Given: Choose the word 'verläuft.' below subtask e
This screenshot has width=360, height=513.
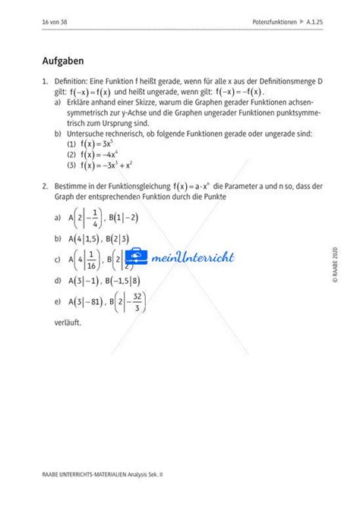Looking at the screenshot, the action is pyautogui.click(x=67, y=322).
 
